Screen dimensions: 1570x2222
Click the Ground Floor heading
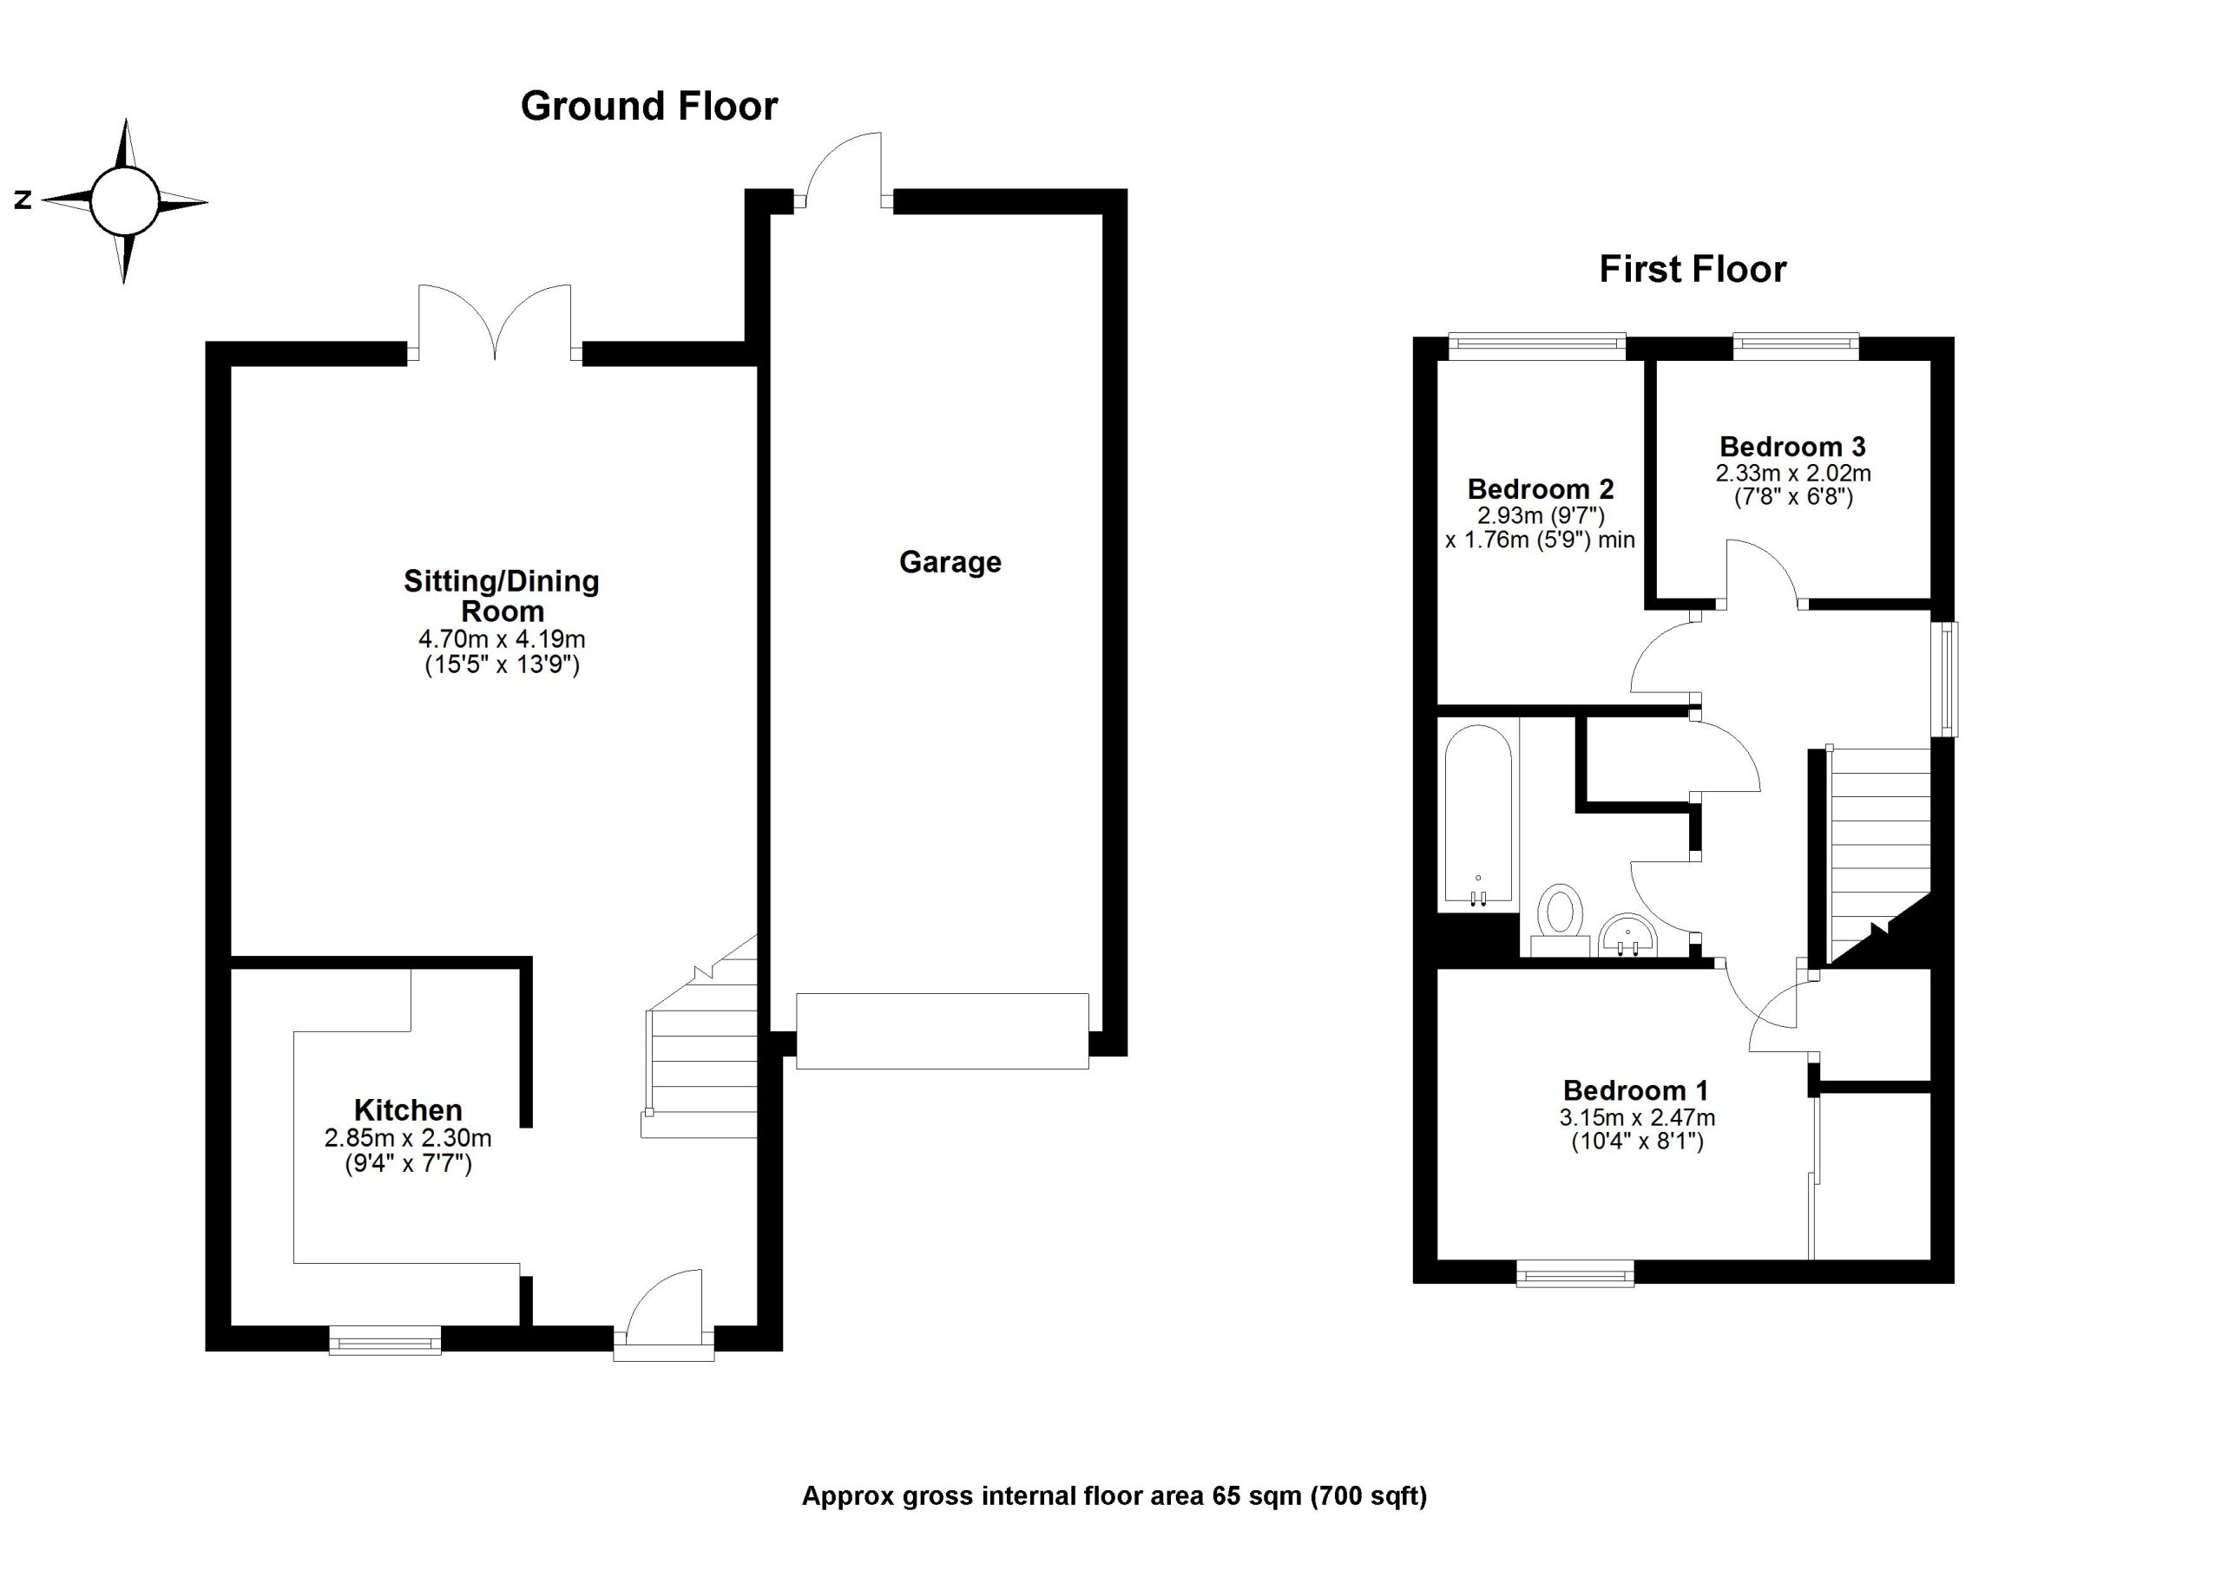[x=648, y=107]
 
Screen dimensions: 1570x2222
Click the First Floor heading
[x=1692, y=269]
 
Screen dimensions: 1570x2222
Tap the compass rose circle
[x=124, y=201]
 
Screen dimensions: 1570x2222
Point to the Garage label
[x=950, y=562]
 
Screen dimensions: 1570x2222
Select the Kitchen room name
[x=407, y=1109]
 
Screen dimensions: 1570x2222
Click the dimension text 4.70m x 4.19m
[x=502, y=639]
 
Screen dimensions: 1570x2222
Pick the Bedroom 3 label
[x=1792, y=447]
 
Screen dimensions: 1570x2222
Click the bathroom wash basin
[x=1629, y=937]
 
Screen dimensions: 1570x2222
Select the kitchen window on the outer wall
[x=385, y=1341]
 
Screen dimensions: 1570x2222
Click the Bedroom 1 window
[x=1574, y=1273]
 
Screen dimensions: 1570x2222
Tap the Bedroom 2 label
[x=1540, y=489]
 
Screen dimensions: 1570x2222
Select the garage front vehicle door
[x=942, y=1030]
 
